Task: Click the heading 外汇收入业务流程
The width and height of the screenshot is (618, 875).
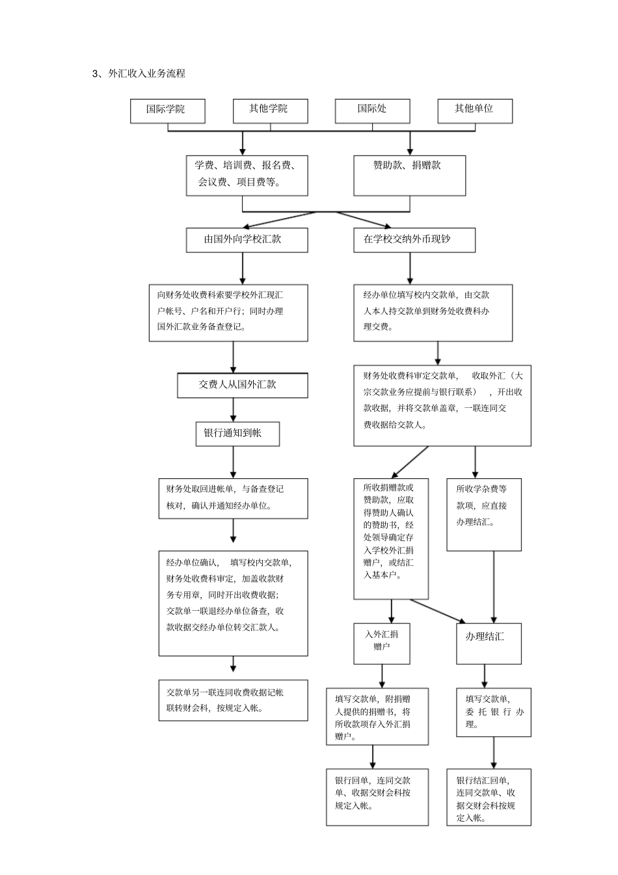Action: coord(146,74)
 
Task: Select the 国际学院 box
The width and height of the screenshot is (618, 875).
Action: coord(168,111)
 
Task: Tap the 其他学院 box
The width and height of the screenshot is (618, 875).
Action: coord(270,111)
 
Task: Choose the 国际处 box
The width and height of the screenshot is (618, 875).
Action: coord(372,111)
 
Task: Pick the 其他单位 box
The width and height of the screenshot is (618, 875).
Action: coord(474,111)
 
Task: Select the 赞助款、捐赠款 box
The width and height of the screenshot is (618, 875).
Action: coord(409,175)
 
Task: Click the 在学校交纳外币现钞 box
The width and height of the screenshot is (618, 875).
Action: coord(414,239)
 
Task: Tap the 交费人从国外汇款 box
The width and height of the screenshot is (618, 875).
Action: coord(242,385)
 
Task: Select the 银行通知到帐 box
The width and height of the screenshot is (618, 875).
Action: coord(237,434)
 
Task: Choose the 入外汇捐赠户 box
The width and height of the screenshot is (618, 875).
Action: coord(382,643)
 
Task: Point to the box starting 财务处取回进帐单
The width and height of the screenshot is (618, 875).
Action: coord(233,498)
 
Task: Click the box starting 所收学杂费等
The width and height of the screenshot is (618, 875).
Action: coord(483,515)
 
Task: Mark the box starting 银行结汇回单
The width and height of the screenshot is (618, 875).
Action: coord(489,797)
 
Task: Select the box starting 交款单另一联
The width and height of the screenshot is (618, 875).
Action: coord(233,701)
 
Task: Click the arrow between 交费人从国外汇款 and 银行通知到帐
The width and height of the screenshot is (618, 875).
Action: coord(234,410)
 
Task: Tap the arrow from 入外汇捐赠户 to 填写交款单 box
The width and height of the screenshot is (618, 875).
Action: coord(382,675)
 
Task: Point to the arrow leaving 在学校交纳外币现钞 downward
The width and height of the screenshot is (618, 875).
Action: coord(410,268)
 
